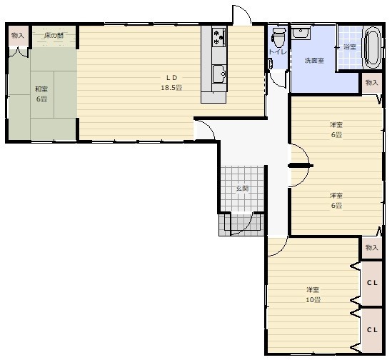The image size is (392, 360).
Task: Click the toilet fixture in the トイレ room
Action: tap(278, 38)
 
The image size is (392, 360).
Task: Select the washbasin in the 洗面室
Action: tap(301, 33)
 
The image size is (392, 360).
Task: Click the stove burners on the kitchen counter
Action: tap(218, 37)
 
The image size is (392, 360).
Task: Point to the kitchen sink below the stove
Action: tap(219, 74)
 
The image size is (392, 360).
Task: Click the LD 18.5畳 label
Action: tap(171, 83)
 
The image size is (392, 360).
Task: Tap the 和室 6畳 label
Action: tap(41, 94)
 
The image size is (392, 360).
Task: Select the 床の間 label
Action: tap(54, 36)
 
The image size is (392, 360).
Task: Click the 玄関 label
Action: tap(242, 189)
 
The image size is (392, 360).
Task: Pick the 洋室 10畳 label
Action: tap(313, 295)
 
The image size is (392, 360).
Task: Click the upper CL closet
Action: tap(372, 283)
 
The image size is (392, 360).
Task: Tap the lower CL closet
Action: tap(372, 330)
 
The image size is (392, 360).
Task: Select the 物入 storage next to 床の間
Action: tap(18, 36)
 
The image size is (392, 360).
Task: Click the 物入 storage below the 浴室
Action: tap(372, 83)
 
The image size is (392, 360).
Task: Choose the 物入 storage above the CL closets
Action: tap(372, 248)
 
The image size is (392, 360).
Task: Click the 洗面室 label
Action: tap(314, 61)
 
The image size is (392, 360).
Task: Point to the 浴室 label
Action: tap(349, 46)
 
